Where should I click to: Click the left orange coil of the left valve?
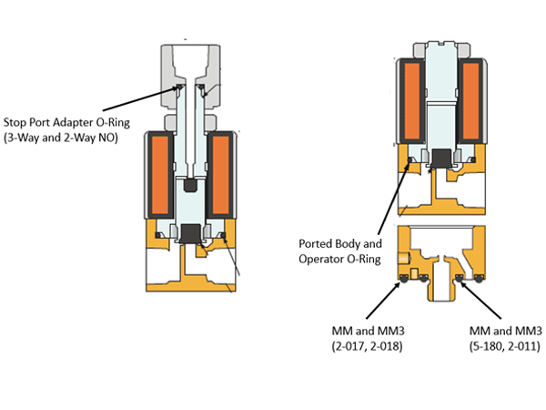tap(162, 177)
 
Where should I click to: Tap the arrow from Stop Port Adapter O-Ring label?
tap(136, 101)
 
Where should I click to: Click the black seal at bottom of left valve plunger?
tap(191, 232)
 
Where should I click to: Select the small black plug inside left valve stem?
tap(190, 186)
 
